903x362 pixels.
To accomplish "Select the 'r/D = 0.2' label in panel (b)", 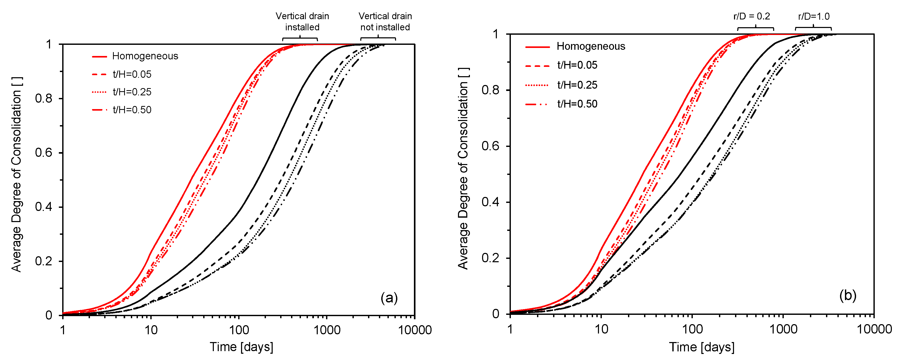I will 752,16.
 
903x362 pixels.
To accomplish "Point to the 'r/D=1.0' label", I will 814,16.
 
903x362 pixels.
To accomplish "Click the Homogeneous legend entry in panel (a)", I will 145,56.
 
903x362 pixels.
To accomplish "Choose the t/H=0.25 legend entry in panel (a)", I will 132,92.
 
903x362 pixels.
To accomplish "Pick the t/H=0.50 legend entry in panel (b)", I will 577,104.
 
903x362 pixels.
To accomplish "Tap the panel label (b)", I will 848,295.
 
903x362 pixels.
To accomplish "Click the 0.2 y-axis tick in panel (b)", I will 490,258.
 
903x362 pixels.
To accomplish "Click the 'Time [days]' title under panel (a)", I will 241,347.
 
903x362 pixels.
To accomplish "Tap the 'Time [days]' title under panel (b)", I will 701,347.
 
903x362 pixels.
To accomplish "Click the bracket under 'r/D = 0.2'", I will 756,28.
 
